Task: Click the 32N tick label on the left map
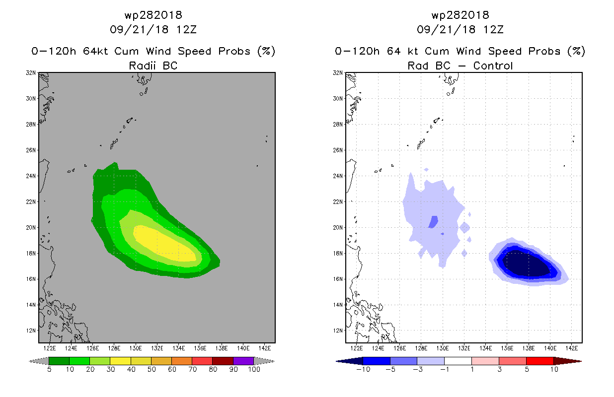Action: [31, 73]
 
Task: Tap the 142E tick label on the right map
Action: [571, 348]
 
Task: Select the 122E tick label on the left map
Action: [50, 348]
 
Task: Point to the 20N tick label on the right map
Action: [338, 227]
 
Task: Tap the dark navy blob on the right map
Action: [526, 264]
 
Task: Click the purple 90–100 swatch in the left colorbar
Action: [243, 361]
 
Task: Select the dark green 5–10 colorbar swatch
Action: [59, 361]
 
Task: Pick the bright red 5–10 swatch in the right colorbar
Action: [539, 361]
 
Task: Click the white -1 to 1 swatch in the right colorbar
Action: [458, 361]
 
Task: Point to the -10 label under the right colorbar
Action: [363, 369]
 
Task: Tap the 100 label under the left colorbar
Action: [254, 369]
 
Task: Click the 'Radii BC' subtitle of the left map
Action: [153, 66]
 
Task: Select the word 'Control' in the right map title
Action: [493, 66]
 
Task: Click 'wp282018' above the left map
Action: [153, 15]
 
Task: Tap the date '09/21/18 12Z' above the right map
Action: [460, 29]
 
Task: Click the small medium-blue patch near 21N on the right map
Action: [433, 222]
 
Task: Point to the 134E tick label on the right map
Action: [485, 348]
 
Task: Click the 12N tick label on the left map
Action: [31, 331]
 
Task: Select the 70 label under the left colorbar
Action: [192, 369]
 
